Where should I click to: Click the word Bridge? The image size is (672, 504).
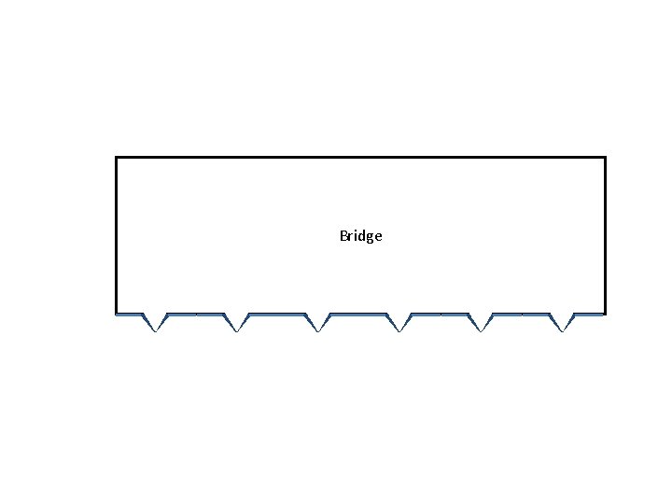[360, 236]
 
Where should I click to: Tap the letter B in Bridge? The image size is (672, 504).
[343, 236]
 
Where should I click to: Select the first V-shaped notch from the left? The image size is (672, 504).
[155, 323]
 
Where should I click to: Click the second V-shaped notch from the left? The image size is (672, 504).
[237, 323]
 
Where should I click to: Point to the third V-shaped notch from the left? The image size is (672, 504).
[318, 323]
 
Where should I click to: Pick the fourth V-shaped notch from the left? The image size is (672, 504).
[399, 323]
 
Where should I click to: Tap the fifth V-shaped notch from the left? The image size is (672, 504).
[481, 323]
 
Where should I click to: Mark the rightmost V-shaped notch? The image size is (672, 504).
[562, 323]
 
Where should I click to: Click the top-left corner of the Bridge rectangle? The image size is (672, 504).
[116, 157]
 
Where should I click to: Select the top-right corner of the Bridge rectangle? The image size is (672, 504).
[605, 157]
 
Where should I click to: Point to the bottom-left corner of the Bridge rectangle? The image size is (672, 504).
[116, 314]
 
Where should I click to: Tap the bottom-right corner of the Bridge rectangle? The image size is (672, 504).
[605, 314]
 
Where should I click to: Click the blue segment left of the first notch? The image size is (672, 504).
[129, 315]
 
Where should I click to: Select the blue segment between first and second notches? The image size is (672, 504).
[196, 315]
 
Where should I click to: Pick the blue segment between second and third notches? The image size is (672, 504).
[277, 315]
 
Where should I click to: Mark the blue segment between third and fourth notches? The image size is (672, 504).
[358, 315]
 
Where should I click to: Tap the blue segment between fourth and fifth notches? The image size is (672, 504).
[440, 315]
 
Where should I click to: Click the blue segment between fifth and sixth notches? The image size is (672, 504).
[521, 315]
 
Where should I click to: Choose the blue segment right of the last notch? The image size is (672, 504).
[589, 315]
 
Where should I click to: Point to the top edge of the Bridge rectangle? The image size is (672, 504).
[360, 157]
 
